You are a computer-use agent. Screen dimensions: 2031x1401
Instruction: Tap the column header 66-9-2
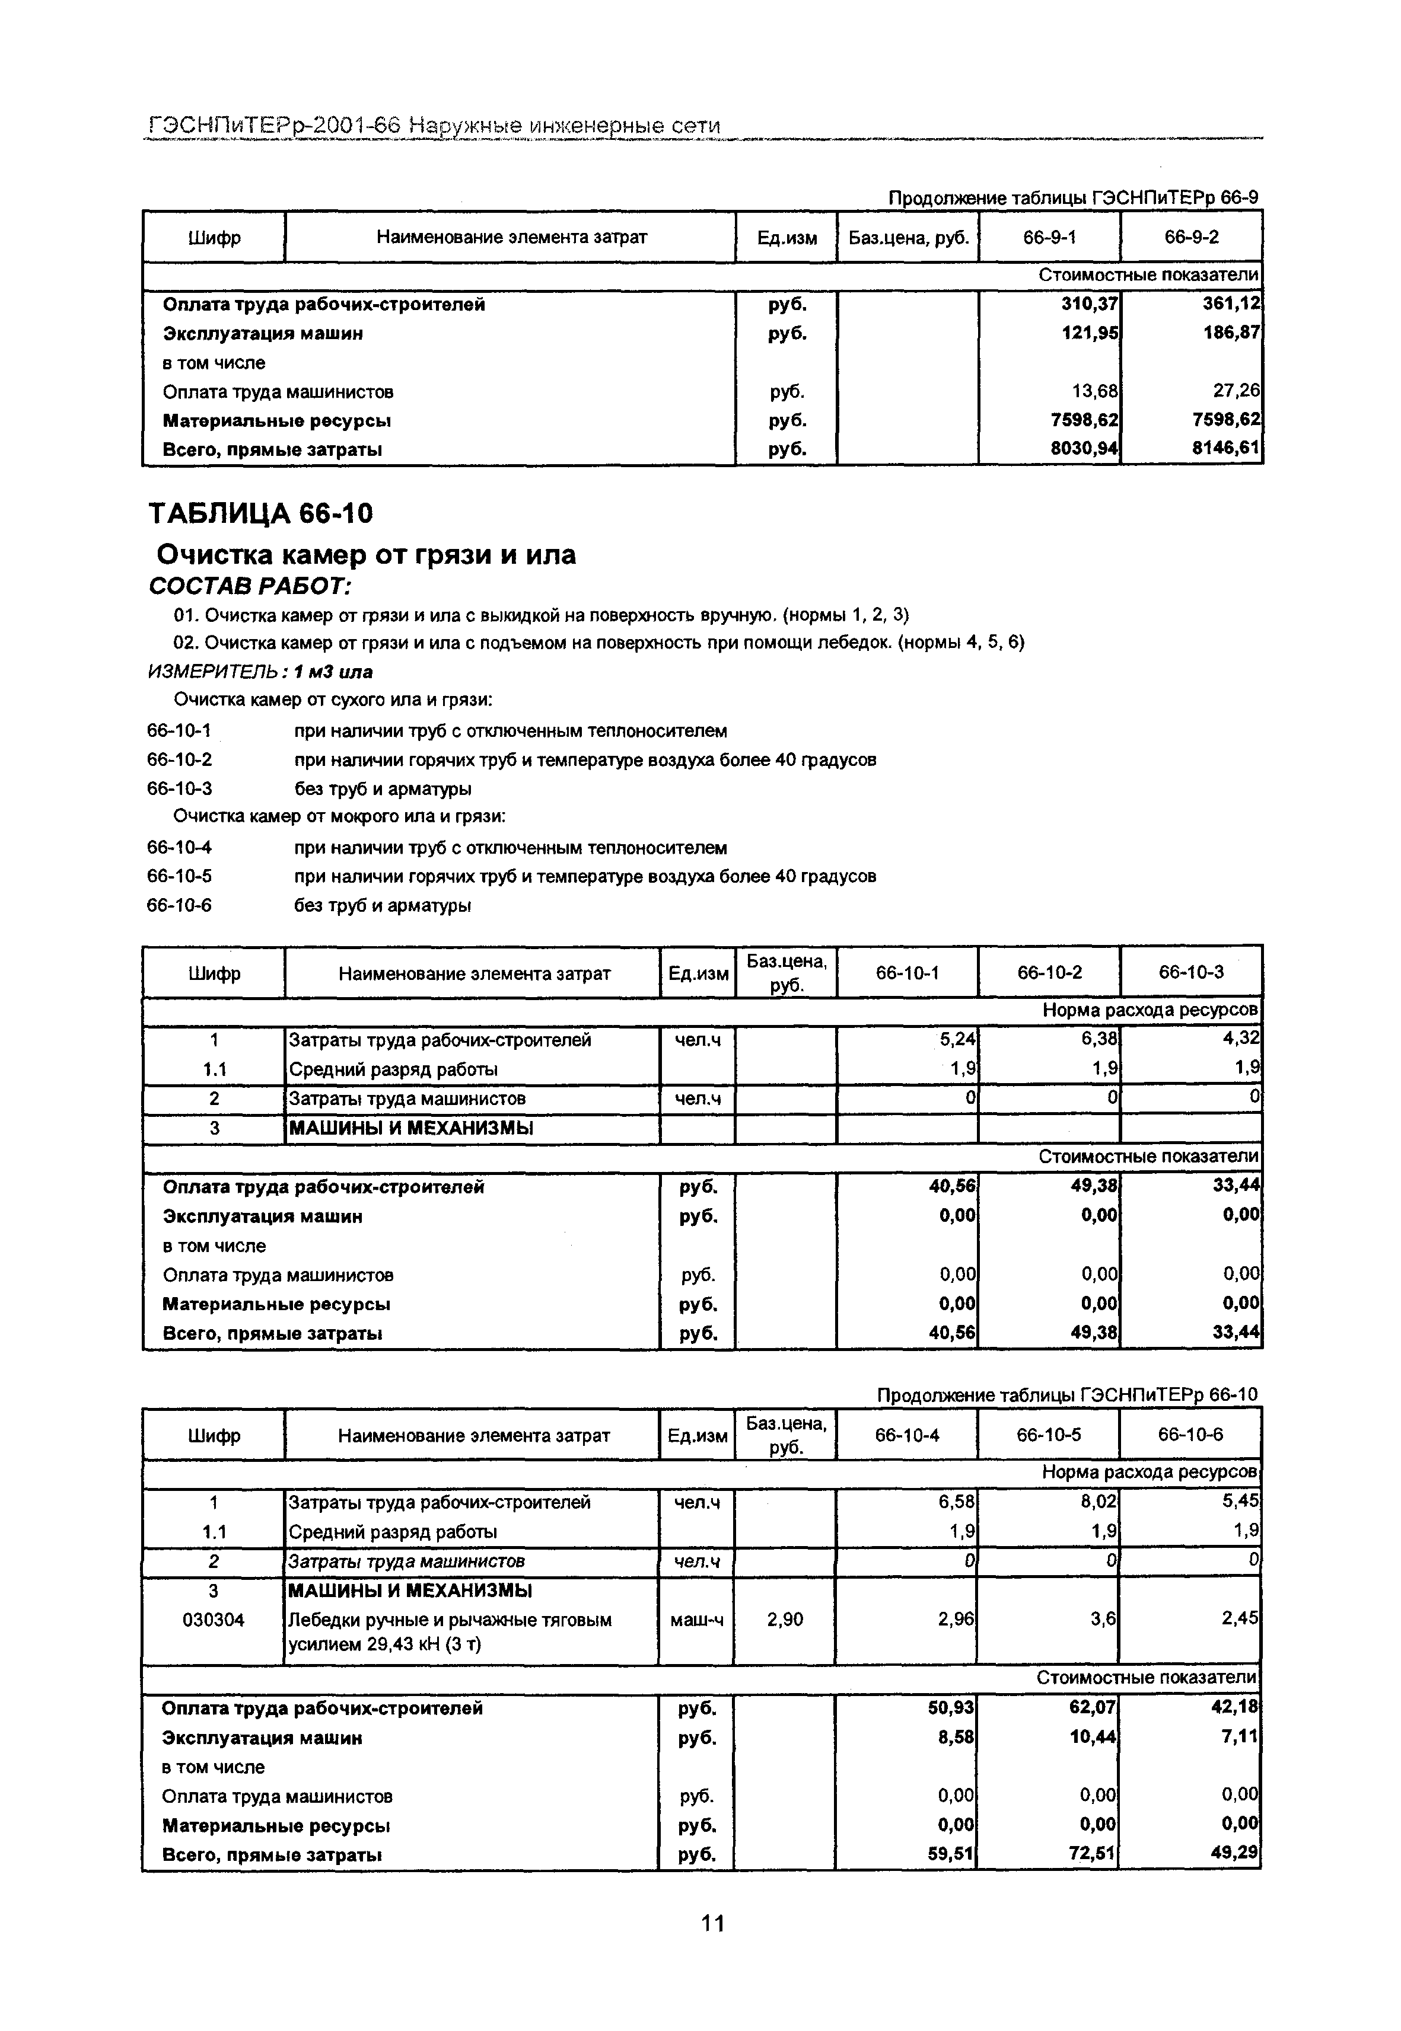(x=1191, y=237)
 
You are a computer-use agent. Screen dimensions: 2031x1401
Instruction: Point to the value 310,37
(x=1090, y=305)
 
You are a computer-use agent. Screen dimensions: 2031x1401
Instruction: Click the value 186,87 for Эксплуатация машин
(x=1231, y=333)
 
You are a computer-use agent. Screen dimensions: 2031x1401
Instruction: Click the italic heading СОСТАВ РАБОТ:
(x=250, y=585)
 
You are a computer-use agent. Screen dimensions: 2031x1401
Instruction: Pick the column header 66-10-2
(x=1049, y=972)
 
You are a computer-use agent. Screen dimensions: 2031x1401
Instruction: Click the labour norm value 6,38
(x=1099, y=1040)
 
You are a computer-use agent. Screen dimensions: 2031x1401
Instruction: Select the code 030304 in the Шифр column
(x=214, y=1620)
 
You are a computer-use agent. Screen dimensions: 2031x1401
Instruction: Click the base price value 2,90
(x=785, y=1620)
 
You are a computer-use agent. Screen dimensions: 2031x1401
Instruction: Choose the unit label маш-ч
(x=696, y=1620)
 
